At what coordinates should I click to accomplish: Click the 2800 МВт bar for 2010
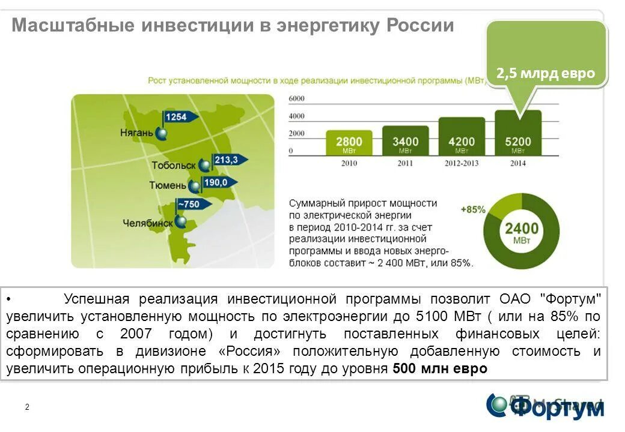pyautogui.click(x=349, y=143)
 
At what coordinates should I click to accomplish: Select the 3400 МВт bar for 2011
pyautogui.click(x=406, y=141)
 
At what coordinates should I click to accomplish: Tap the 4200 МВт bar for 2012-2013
pyautogui.click(x=462, y=137)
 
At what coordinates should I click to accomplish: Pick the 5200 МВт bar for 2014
pyautogui.click(x=517, y=133)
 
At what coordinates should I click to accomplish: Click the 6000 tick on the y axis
pyautogui.click(x=296, y=98)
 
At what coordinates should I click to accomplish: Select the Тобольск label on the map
pyautogui.click(x=174, y=165)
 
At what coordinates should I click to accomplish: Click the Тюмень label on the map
pyautogui.click(x=168, y=185)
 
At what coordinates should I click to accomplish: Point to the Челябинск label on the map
pyautogui.click(x=147, y=223)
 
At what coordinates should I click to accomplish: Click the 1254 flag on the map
pyautogui.click(x=177, y=117)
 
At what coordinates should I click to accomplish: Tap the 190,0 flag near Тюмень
pyautogui.click(x=216, y=182)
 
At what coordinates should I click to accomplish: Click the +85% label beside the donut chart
pyautogui.click(x=472, y=209)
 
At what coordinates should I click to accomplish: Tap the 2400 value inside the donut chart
pyautogui.click(x=521, y=228)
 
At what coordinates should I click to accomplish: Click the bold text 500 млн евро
pyautogui.click(x=439, y=368)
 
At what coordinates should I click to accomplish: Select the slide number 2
pyautogui.click(x=27, y=407)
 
